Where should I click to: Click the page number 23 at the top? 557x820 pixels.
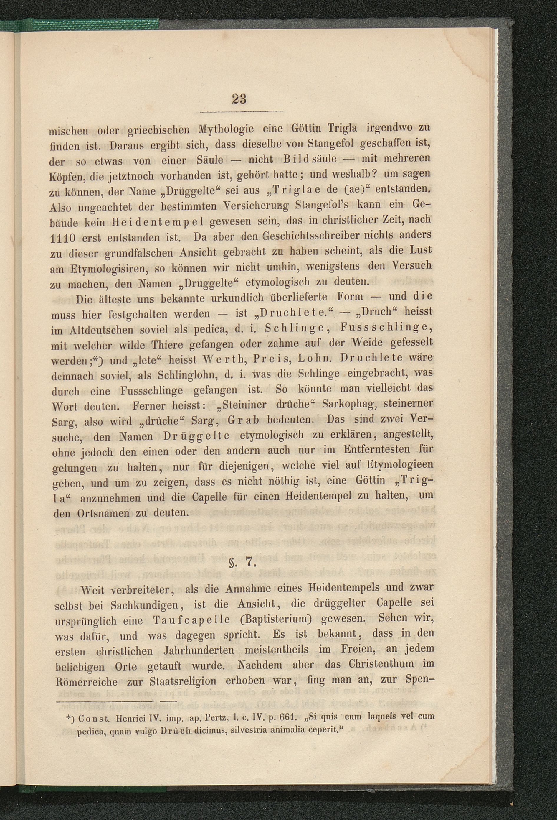click(239, 99)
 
